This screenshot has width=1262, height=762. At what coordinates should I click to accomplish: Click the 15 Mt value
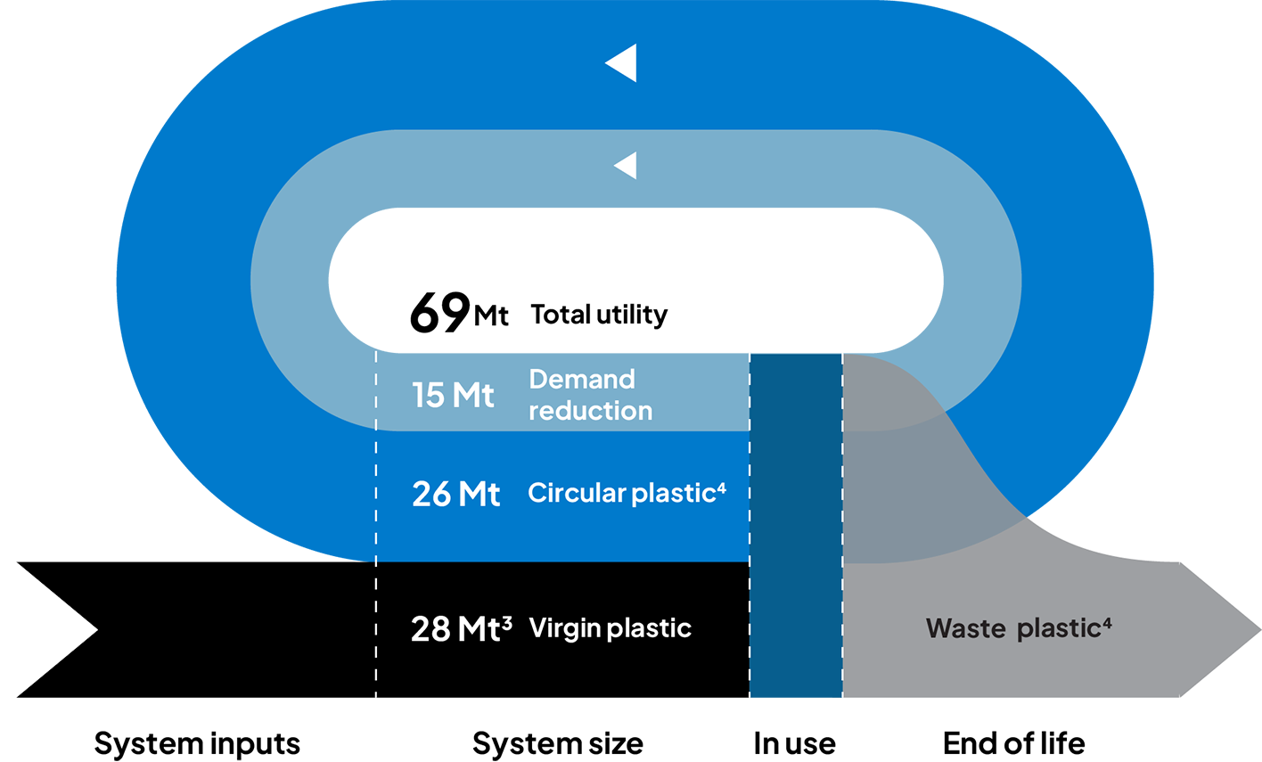pyautogui.click(x=453, y=395)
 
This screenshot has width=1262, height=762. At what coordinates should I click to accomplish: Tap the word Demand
pyautogui.click(x=581, y=380)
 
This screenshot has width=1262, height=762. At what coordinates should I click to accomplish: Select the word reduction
pyautogui.click(x=590, y=411)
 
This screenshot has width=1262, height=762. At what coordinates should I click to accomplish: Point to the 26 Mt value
pyautogui.click(x=455, y=494)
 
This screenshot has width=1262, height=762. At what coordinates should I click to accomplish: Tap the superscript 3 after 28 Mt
pyautogui.click(x=507, y=622)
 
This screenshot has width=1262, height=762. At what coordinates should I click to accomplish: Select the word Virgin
pyautogui.click(x=564, y=628)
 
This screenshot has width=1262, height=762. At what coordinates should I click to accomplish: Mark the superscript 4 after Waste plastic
pyautogui.click(x=1107, y=623)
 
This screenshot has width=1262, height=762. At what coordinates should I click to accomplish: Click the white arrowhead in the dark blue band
pyautogui.click(x=621, y=63)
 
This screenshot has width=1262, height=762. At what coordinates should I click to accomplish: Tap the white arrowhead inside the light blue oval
pyautogui.click(x=626, y=165)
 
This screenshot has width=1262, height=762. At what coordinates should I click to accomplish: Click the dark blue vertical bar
pyautogui.click(x=796, y=526)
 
